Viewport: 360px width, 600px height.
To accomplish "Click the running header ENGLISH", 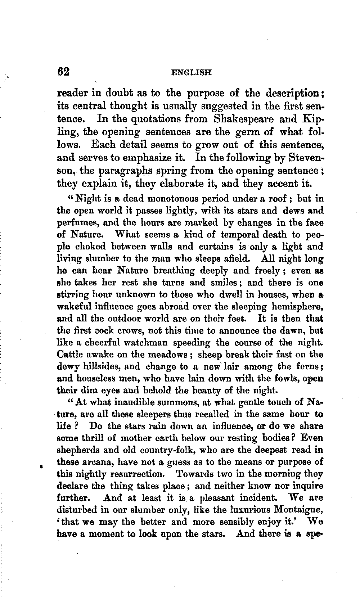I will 191,72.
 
